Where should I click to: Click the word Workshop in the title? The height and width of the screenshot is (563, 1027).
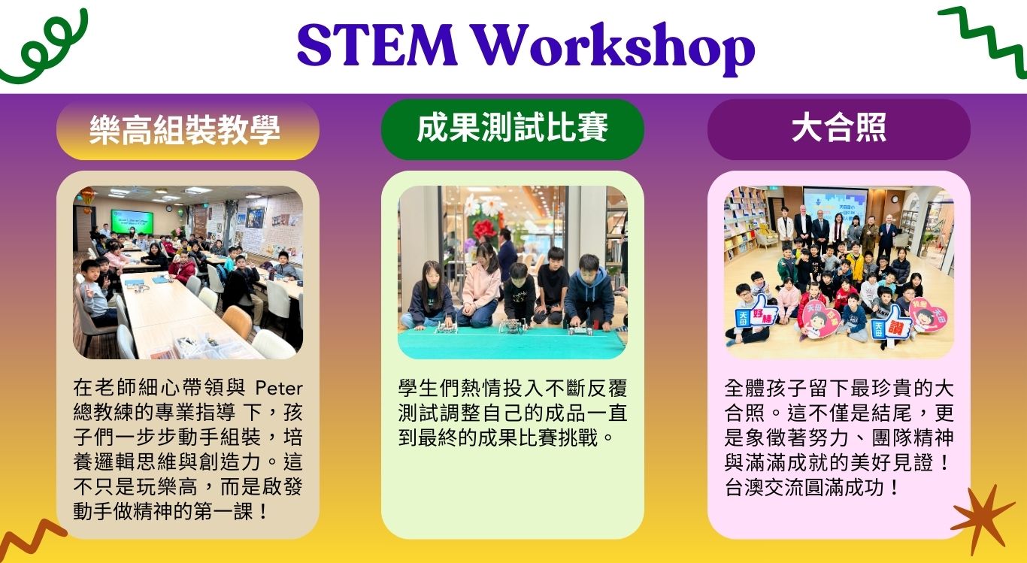tap(615, 48)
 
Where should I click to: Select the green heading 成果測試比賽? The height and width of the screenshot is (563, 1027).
tap(513, 128)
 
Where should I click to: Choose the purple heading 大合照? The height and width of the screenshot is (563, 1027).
tap(838, 128)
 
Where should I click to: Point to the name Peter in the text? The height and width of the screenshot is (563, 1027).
tap(279, 389)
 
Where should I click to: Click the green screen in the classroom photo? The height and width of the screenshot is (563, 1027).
tap(132, 220)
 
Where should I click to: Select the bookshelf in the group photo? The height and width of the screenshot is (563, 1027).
tap(745, 224)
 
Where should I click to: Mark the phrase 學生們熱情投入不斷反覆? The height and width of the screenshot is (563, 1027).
tap(513, 389)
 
